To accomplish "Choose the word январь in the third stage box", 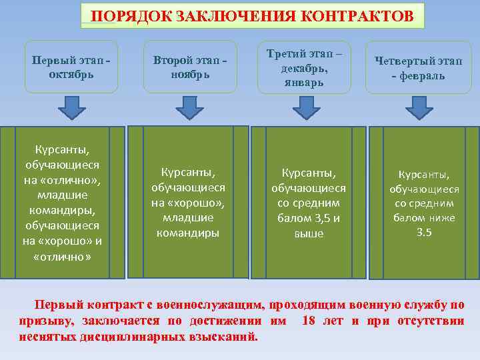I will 303,83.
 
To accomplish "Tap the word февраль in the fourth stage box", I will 423,75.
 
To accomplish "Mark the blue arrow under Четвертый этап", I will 419,107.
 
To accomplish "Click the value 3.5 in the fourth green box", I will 424,233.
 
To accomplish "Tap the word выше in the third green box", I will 309,234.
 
